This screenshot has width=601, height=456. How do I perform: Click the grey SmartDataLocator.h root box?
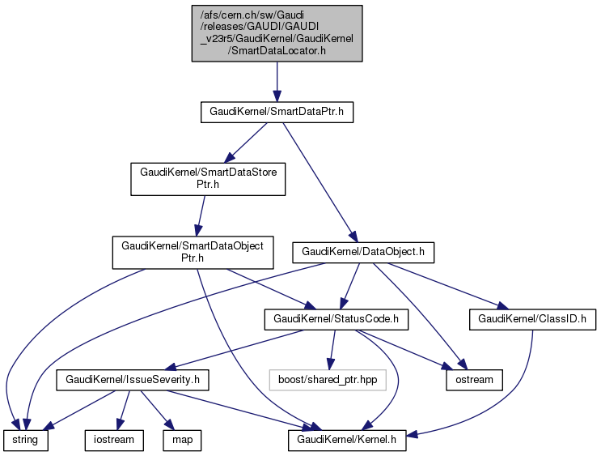click(x=277, y=33)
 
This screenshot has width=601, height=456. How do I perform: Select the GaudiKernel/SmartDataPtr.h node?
click(x=277, y=113)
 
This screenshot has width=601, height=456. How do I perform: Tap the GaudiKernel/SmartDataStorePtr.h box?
click(x=208, y=178)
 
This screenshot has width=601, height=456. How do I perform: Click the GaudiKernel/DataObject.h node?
click(x=364, y=252)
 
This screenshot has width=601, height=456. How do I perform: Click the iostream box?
click(x=114, y=440)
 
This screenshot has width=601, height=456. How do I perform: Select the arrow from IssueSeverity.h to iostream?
click(x=122, y=409)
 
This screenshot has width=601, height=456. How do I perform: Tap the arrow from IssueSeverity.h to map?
click(x=154, y=409)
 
